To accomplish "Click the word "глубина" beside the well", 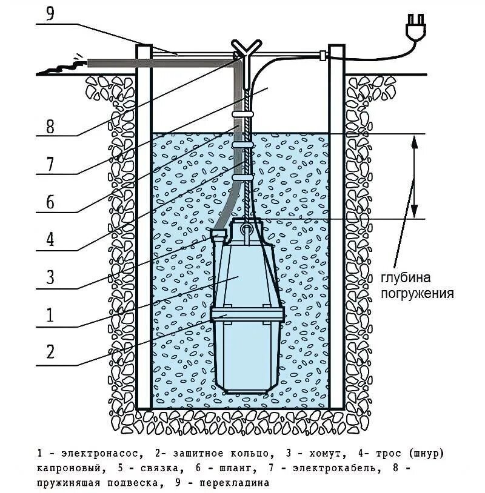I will pyautogui.click(x=406, y=279).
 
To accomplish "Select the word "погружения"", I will pyautogui.click(x=418, y=294).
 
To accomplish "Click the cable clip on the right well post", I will pyautogui.click(x=321, y=56).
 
